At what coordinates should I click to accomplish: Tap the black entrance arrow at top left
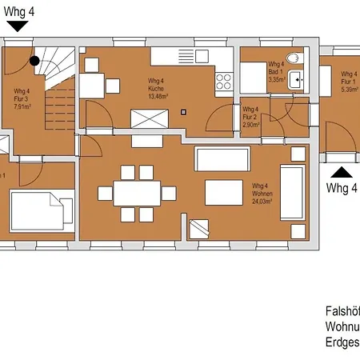(17, 26)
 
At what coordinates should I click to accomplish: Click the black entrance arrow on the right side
(342, 170)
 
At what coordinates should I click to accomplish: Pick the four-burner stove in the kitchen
(223, 81)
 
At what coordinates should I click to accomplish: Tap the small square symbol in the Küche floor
(183, 112)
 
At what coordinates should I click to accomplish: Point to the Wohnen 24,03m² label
(262, 193)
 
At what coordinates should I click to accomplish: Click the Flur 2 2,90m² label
(250, 117)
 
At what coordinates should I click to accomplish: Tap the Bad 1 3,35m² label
(277, 72)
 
